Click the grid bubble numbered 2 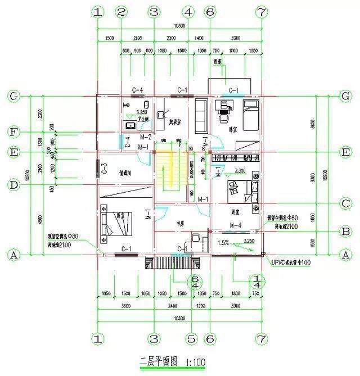(121, 12)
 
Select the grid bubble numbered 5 (191, 339)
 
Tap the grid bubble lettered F (15, 133)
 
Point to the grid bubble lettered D (15, 184)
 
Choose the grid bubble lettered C (346, 203)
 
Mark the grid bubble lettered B (346, 230)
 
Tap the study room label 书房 (181, 223)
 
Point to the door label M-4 (236, 225)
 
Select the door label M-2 (146, 137)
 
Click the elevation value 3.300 (240, 170)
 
